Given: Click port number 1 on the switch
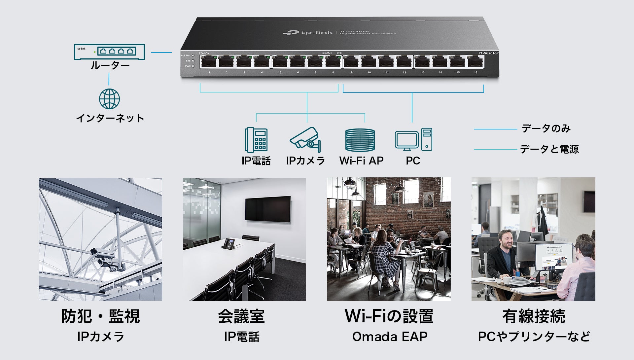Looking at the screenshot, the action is point(209,62).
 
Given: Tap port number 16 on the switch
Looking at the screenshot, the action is point(475,62).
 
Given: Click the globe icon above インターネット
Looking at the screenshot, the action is point(109,99).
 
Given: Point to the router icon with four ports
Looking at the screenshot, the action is point(109,52).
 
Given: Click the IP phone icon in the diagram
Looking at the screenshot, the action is point(256,139).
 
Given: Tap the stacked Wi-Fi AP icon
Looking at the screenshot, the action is point(360,140).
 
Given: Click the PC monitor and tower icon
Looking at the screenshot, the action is point(413,140).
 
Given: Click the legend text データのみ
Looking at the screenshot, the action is point(546,128).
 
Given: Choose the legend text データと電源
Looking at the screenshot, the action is point(549,149).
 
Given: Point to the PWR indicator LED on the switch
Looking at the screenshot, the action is point(193,66).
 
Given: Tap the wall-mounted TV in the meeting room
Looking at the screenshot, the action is point(268,209).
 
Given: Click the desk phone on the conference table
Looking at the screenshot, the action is point(229,244).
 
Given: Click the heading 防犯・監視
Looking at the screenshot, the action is point(100,316).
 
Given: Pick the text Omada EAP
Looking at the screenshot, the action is point(390,337).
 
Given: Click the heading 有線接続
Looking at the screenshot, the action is point(534,316).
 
